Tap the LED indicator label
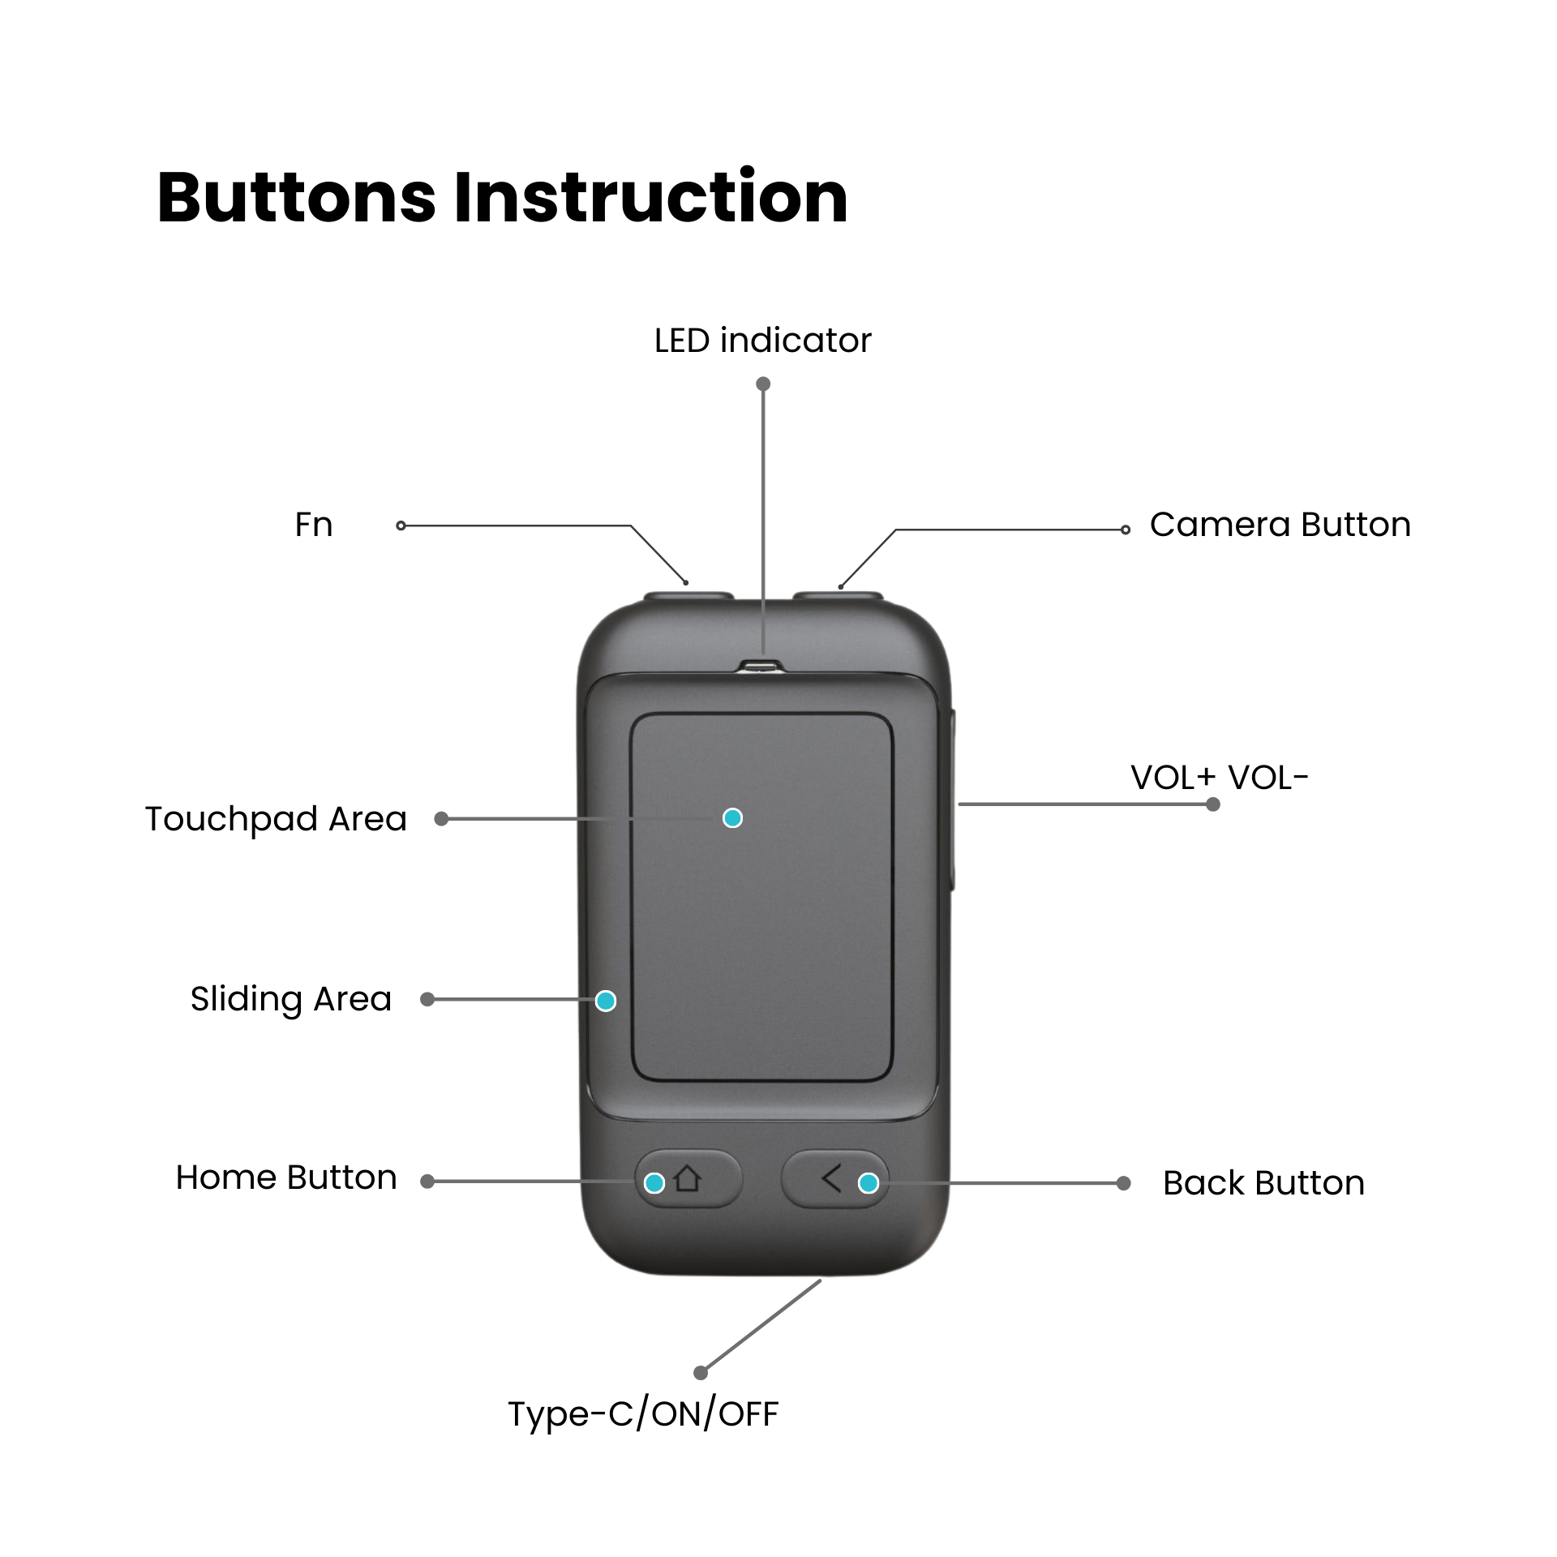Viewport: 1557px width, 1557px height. point(762,341)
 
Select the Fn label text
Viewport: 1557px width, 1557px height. point(314,525)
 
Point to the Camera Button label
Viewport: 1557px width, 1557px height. point(1280,525)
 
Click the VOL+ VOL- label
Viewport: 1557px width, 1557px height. point(1219,778)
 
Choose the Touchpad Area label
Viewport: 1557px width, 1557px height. point(276,819)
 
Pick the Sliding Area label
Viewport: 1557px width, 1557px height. point(290,999)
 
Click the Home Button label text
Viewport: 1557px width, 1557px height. point(286,1177)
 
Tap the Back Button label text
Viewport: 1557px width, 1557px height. point(1263,1183)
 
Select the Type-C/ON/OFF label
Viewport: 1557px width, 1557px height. point(643,1413)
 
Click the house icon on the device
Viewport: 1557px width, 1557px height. point(688,1178)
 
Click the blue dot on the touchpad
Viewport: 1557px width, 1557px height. point(732,818)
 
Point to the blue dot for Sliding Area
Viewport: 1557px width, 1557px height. point(605,1001)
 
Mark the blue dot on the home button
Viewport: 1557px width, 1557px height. point(654,1183)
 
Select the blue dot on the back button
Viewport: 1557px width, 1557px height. point(868,1183)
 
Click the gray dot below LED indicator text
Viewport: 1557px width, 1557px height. point(763,384)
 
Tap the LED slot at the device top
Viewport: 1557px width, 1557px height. point(761,667)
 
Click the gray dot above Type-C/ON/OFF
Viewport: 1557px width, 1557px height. point(701,1372)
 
